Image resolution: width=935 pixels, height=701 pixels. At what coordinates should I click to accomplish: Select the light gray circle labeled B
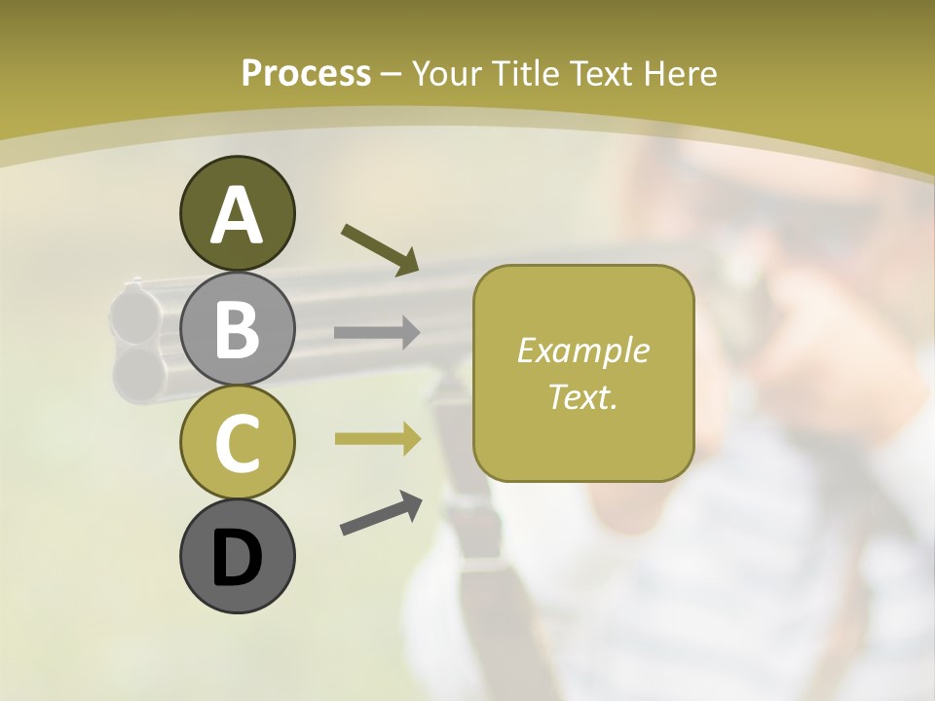pyautogui.click(x=237, y=329)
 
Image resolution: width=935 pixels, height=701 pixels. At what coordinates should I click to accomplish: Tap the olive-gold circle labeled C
pyautogui.click(x=237, y=442)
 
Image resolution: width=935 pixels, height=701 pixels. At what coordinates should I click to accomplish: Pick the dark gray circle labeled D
pyautogui.click(x=237, y=556)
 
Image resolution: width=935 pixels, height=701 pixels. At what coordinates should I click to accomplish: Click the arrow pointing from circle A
pyautogui.click(x=380, y=249)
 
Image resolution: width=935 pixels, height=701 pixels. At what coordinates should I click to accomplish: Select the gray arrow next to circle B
pyautogui.click(x=377, y=333)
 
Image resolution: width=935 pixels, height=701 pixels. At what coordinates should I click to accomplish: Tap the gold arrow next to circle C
pyautogui.click(x=377, y=439)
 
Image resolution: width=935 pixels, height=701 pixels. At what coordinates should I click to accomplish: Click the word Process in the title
pyautogui.click(x=306, y=73)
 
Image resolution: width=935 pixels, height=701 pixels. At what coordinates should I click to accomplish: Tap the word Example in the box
pyautogui.click(x=582, y=350)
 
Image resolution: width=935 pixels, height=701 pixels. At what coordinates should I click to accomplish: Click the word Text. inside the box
pyautogui.click(x=582, y=396)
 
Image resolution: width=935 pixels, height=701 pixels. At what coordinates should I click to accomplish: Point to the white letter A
pyautogui.click(x=237, y=215)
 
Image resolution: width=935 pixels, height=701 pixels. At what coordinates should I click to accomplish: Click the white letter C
pyautogui.click(x=237, y=444)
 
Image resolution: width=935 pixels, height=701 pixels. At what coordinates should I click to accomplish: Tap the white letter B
pyautogui.click(x=237, y=330)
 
